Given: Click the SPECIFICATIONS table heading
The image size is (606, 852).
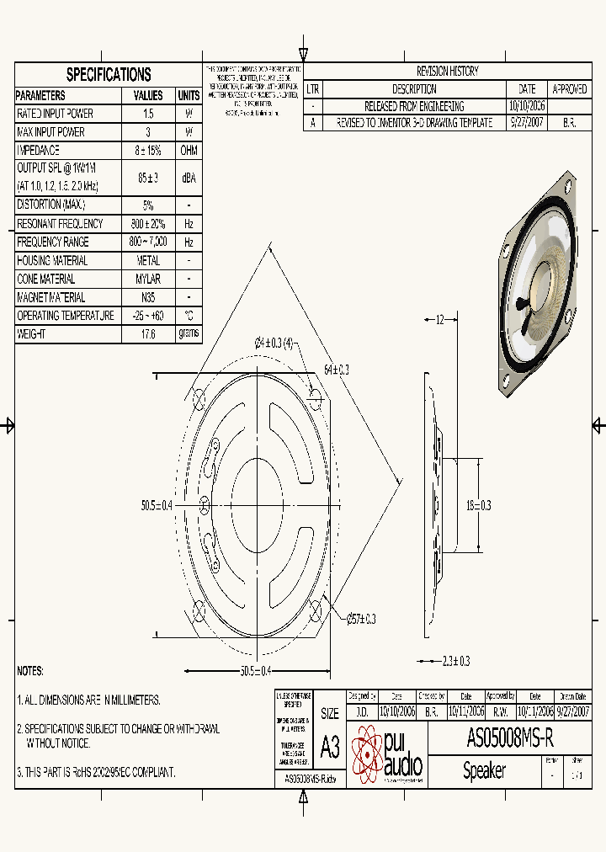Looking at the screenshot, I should pos(109,74).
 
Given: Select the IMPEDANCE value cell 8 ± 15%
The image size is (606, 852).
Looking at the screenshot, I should pos(148,151).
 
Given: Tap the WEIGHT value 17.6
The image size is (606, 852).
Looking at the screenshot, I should pos(148,334).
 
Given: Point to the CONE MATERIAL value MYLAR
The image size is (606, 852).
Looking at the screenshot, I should pos(148,279).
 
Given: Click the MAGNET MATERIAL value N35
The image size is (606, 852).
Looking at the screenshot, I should pos(148,297).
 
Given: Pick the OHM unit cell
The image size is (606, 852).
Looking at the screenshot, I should pos(189,151).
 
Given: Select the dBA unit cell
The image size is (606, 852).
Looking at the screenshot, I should pos(189,178).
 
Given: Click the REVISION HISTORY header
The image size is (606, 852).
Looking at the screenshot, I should pos(447,72).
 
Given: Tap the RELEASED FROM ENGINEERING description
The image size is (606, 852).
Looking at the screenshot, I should pos(413,107).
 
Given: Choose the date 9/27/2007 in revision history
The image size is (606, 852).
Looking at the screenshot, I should pos(527,123).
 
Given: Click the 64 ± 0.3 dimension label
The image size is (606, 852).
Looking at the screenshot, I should pos(336,370).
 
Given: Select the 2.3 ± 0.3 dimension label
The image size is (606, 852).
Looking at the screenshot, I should pos(455,661).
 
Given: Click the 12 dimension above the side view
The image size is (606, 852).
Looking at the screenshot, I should pos(439,320).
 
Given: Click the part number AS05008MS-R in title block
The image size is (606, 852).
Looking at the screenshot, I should pos(510,738).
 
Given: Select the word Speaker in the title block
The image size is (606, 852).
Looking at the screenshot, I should pos(485,770).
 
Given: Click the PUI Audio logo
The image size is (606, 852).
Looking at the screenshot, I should pos(386,753).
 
